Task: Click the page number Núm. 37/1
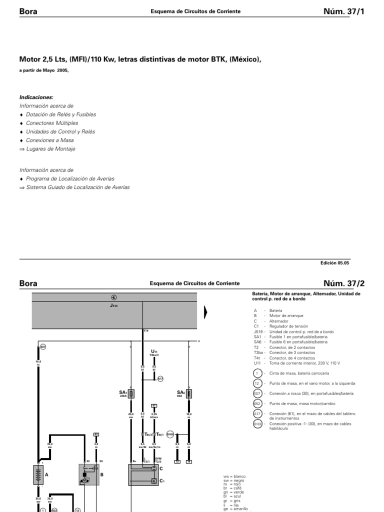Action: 344,11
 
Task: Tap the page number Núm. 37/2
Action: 344,283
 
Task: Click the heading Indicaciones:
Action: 36,97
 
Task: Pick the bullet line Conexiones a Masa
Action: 49,140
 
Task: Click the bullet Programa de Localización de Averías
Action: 70,178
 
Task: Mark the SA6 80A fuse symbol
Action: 189,394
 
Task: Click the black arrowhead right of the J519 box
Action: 205,312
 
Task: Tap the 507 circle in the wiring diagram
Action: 42,346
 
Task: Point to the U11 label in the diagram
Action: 154,351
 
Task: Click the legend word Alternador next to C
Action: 278,321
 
